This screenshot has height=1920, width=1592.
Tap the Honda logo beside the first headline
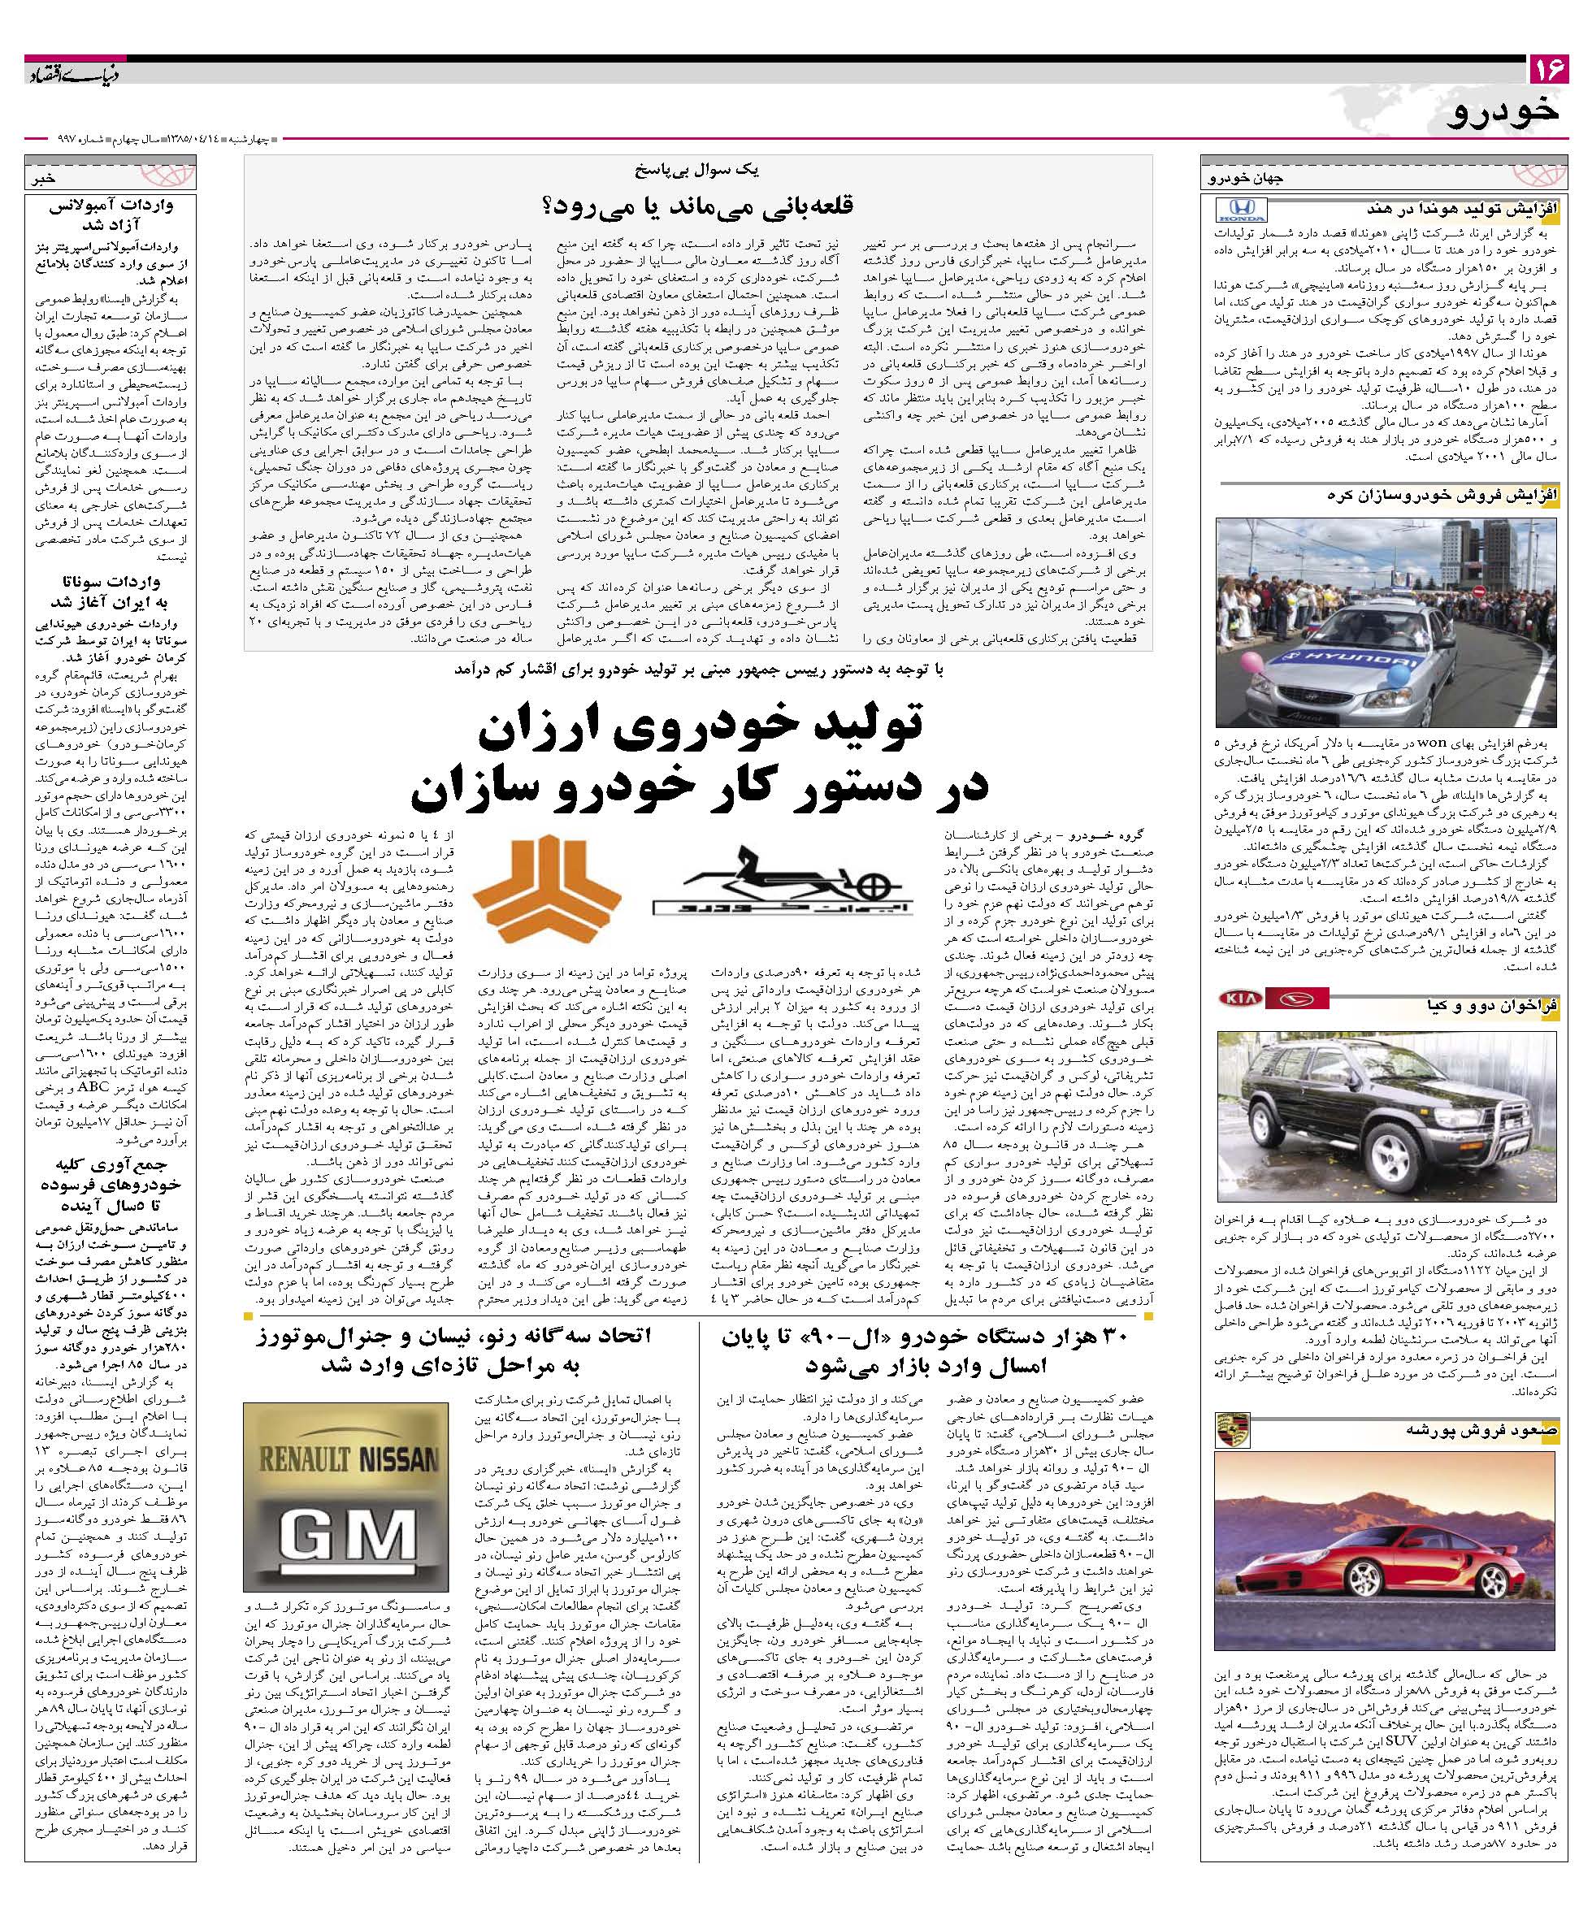[x=1241, y=212]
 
